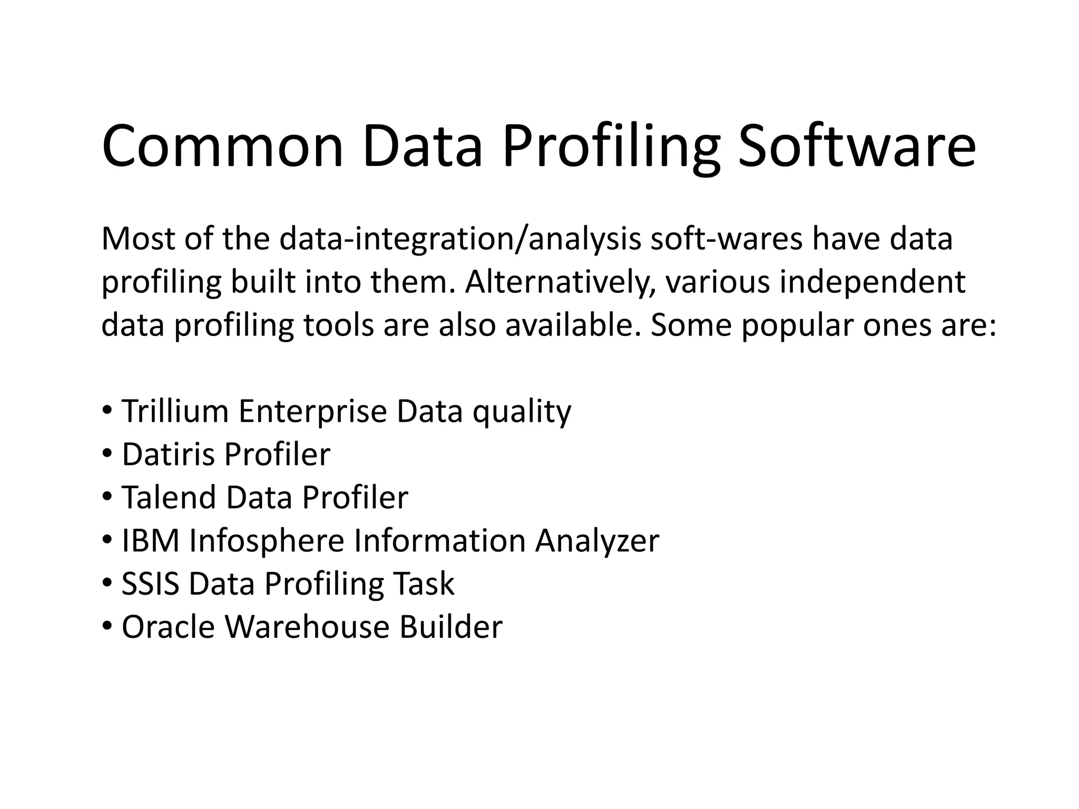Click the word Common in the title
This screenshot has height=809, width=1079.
pyautogui.click(x=222, y=146)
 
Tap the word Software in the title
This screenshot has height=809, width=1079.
pyautogui.click(x=857, y=146)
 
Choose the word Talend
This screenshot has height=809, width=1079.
pyautogui.click(x=169, y=497)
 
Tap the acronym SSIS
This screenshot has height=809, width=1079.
pyautogui.click(x=151, y=584)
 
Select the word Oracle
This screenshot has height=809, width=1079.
pyautogui.click(x=169, y=627)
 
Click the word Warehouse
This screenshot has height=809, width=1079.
pyautogui.click(x=308, y=627)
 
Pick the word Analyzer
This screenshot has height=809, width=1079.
pyautogui.click(x=597, y=541)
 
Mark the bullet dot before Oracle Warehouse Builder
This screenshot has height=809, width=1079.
pyautogui.click(x=107, y=627)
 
